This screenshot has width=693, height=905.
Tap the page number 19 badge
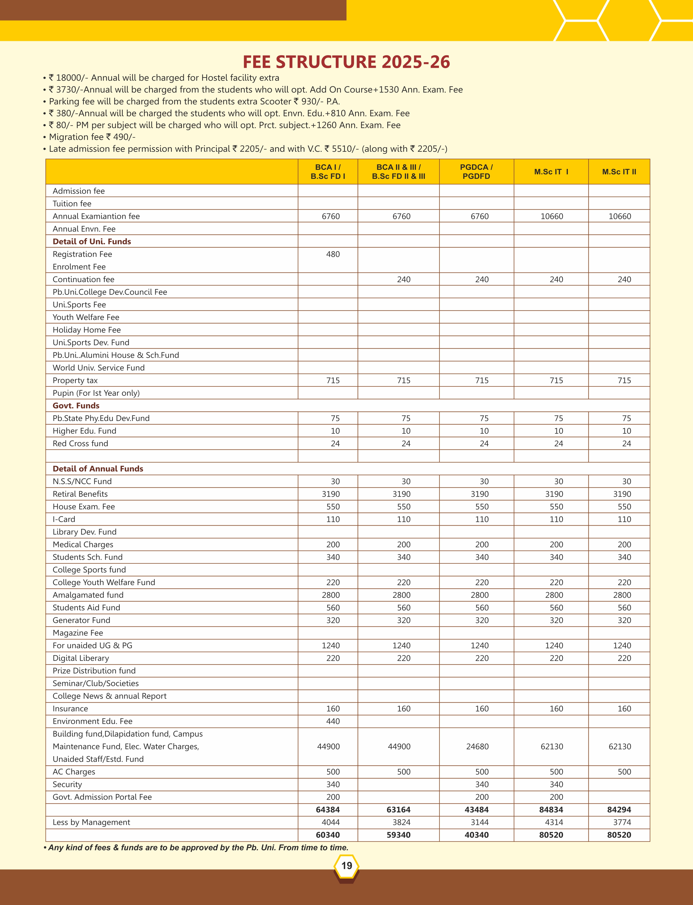[346, 865]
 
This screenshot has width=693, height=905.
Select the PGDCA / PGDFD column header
[476, 172]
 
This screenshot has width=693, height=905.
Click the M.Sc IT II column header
[619, 172]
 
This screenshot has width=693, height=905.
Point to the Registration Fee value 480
[333, 254]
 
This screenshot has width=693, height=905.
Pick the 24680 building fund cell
[477, 747]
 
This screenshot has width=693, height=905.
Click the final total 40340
[476, 835]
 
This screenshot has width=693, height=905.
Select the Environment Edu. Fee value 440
[333, 721]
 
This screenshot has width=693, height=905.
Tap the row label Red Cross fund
[80, 444]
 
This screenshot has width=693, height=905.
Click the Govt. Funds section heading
[76, 406]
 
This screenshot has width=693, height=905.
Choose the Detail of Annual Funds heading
[98, 469]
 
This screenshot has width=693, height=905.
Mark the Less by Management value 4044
[331, 822]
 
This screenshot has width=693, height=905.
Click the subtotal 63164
[398, 810]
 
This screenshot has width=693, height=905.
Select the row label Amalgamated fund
[88, 595]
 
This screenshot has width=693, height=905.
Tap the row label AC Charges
[74, 772]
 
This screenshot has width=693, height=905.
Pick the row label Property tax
[75, 381]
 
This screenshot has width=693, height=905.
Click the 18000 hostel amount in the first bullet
[70, 78]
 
